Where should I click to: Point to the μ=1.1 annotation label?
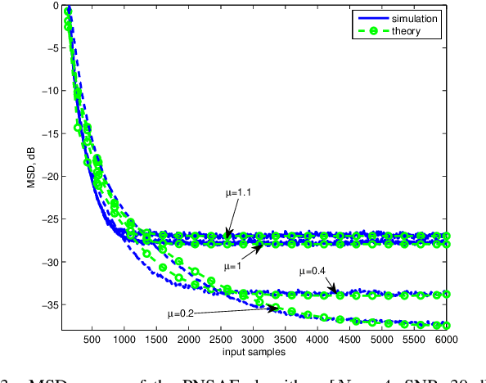(x=239, y=194)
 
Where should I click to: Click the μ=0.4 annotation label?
(x=317, y=270)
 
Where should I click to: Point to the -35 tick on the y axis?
(x=48, y=304)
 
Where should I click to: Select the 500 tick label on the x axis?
(x=92, y=338)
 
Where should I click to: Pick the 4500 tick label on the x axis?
(x=350, y=338)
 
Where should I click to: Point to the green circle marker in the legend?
(x=370, y=31)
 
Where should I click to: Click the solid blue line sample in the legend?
(x=370, y=17)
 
